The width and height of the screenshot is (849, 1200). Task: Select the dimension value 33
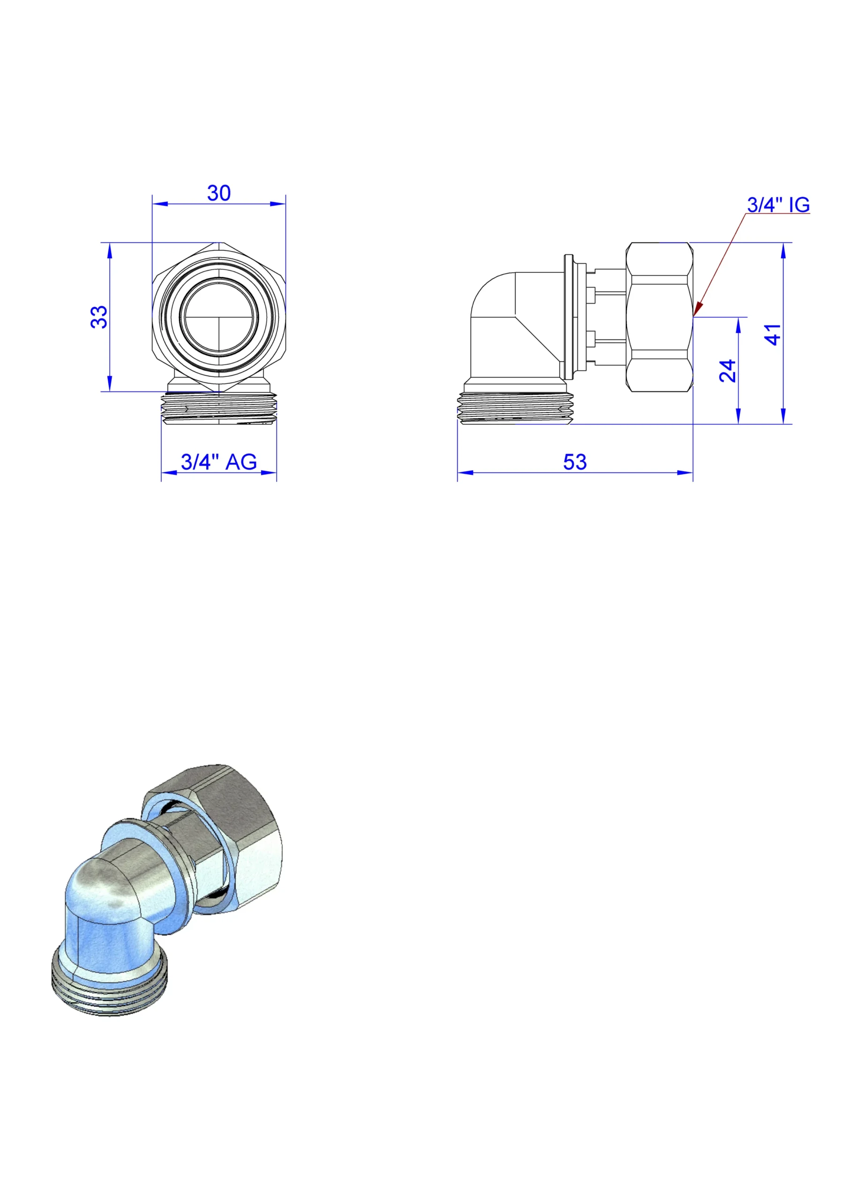99,317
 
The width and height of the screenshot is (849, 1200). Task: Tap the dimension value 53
575,462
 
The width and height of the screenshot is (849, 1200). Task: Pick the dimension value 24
727,371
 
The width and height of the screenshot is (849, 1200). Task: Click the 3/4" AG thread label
218,462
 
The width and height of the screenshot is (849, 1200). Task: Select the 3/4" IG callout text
778,204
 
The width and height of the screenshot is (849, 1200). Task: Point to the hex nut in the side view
659,317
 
